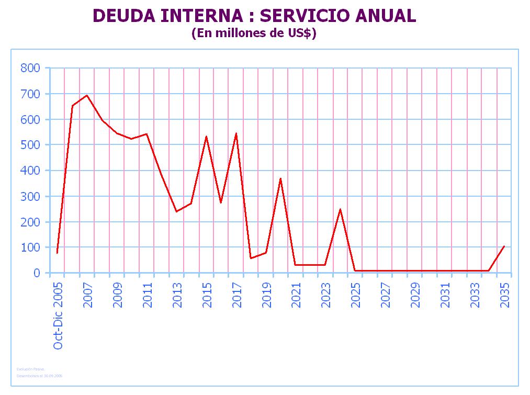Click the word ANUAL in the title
[386, 16]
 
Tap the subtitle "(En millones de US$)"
[254, 33]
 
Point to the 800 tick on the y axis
[30, 68]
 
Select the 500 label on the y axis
[30, 145]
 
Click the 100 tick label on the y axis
[30, 247]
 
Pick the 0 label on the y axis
[37, 273]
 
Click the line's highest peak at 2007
[87, 95]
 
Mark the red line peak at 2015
[206, 137]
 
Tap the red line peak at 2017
[236, 133]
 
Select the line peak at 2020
[280, 178]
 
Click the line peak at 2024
[340, 209]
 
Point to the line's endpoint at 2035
[504, 246]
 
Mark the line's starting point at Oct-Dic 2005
[57, 253]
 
